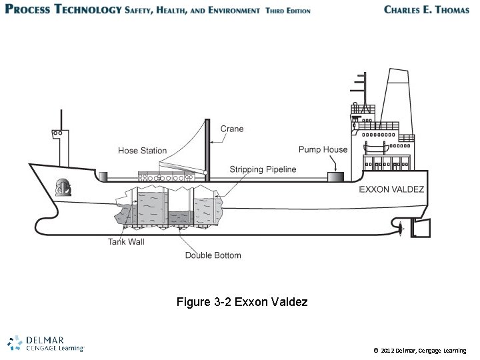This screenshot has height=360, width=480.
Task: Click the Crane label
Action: pos(232,129)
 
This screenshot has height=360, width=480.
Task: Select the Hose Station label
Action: pos(143,151)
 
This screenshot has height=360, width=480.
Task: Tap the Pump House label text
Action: pos(323,149)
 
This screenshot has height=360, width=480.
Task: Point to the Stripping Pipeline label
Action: pos(263,169)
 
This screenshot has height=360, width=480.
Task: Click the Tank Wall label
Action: pos(126,241)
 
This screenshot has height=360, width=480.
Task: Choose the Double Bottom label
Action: pos(213,255)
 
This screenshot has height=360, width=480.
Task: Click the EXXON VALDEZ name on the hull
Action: pos(392,189)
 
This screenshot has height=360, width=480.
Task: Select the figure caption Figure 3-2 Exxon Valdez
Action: pos(242,302)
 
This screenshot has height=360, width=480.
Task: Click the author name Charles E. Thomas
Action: pos(427,10)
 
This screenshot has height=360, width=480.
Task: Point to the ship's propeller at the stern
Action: pos(400,229)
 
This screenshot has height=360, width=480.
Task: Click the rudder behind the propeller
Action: pos(421,229)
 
